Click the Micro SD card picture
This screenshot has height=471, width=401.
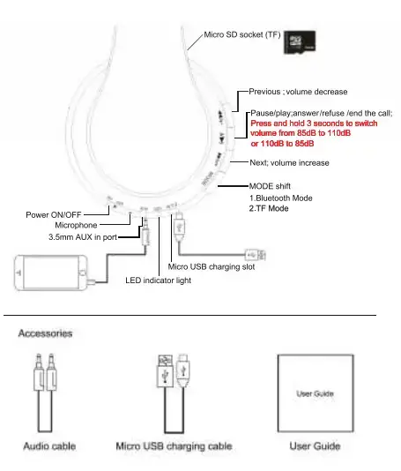tap(300, 42)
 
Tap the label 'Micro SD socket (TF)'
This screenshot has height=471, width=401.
tap(242, 35)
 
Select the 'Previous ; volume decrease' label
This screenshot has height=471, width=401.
tap(298, 92)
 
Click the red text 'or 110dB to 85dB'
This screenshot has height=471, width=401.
tap(282, 144)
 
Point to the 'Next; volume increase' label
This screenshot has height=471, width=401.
tap(289, 163)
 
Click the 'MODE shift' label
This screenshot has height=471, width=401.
tap(270, 186)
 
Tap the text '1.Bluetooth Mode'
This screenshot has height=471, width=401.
tap(281, 198)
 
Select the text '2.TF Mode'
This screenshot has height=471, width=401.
tap(269, 208)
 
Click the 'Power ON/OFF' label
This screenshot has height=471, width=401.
tap(54, 215)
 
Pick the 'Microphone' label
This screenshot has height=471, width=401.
tap(76, 225)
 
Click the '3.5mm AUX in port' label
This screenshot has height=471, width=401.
tap(83, 237)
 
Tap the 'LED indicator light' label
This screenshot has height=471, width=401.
tap(158, 280)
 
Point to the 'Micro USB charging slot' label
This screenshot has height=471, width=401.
tap(212, 266)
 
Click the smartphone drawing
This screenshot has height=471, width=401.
tap(51, 273)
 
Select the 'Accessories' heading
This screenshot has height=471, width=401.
tap(45, 333)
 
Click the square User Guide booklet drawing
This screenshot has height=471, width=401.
tap(316, 393)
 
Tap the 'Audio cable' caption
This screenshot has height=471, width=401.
tap(49, 446)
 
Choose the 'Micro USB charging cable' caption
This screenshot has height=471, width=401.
tap(175, 446)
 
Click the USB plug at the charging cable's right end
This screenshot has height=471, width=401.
tap(256, 255)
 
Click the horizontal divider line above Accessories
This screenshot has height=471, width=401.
tap(189, 316)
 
